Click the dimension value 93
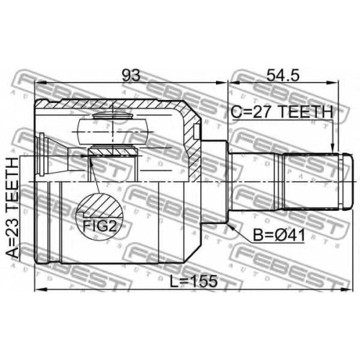[131, 76]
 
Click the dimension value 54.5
[283, 76]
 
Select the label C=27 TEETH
[282, 112]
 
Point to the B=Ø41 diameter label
[279, 235]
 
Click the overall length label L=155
[194, 282]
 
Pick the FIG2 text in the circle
[99, 225]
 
